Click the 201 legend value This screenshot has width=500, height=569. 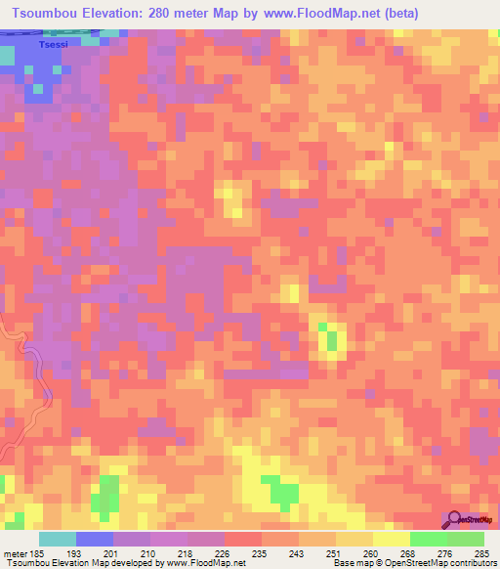[x=114, y=553]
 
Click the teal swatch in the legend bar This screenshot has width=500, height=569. [x=58, y=539]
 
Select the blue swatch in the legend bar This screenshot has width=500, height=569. [x=95, y=539]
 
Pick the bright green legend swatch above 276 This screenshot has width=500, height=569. [x=429, y=539]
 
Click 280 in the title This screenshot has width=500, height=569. [x=180, y=13]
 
